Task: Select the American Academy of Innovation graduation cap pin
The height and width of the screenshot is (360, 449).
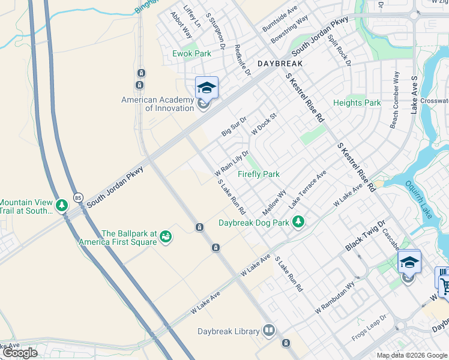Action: click(206, 89)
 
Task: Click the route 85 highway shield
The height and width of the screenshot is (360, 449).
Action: click(78, 197)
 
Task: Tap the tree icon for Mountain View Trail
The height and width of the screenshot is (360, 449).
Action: click(61, 206)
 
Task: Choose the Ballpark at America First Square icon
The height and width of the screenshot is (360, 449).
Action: click(165, 238)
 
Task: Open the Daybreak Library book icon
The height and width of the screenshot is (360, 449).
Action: click(269, 331)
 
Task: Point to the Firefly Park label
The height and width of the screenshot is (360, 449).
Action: click(258, 175)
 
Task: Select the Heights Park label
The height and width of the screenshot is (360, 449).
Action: click(357, 103)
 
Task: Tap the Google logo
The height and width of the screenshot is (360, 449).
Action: click(19, 353)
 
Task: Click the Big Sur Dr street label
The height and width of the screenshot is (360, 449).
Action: click(234, 127)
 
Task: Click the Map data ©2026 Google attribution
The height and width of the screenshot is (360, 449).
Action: click(412, 355)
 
